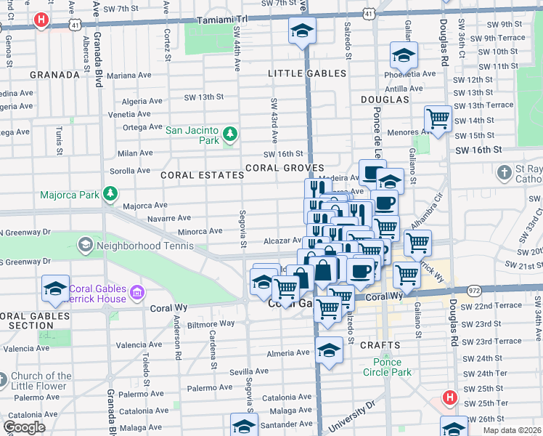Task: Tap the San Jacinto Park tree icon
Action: tap(229, 134)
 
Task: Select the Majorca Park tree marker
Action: tap(110, 194)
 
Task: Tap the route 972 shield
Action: tap(474, 290)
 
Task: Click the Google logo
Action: tap(24, 427)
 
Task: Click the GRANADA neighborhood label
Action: tap(54, 75)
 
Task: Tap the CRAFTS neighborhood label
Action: tap(379, 345)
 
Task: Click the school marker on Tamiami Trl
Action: tap(302, 31)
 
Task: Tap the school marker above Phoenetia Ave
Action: tap(404, 54)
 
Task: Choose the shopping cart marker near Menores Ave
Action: tap(438, 118)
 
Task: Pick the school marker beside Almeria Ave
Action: tap(329, 352)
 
